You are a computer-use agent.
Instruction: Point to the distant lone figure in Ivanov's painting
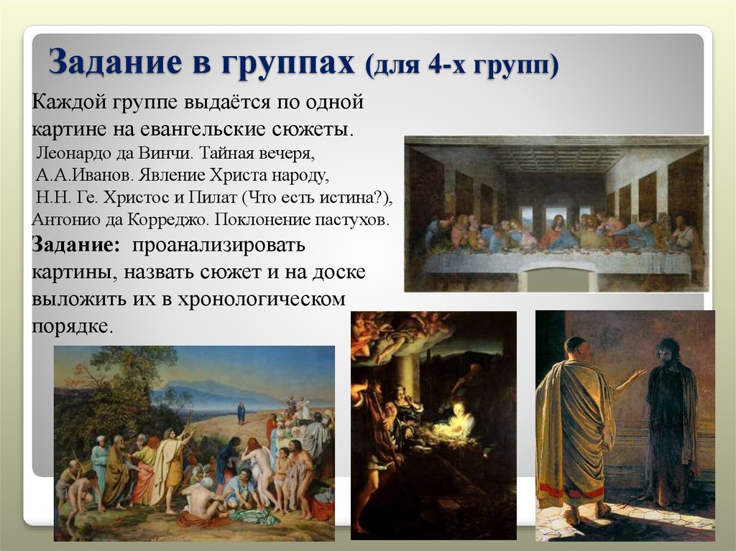(x=241, y=412)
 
